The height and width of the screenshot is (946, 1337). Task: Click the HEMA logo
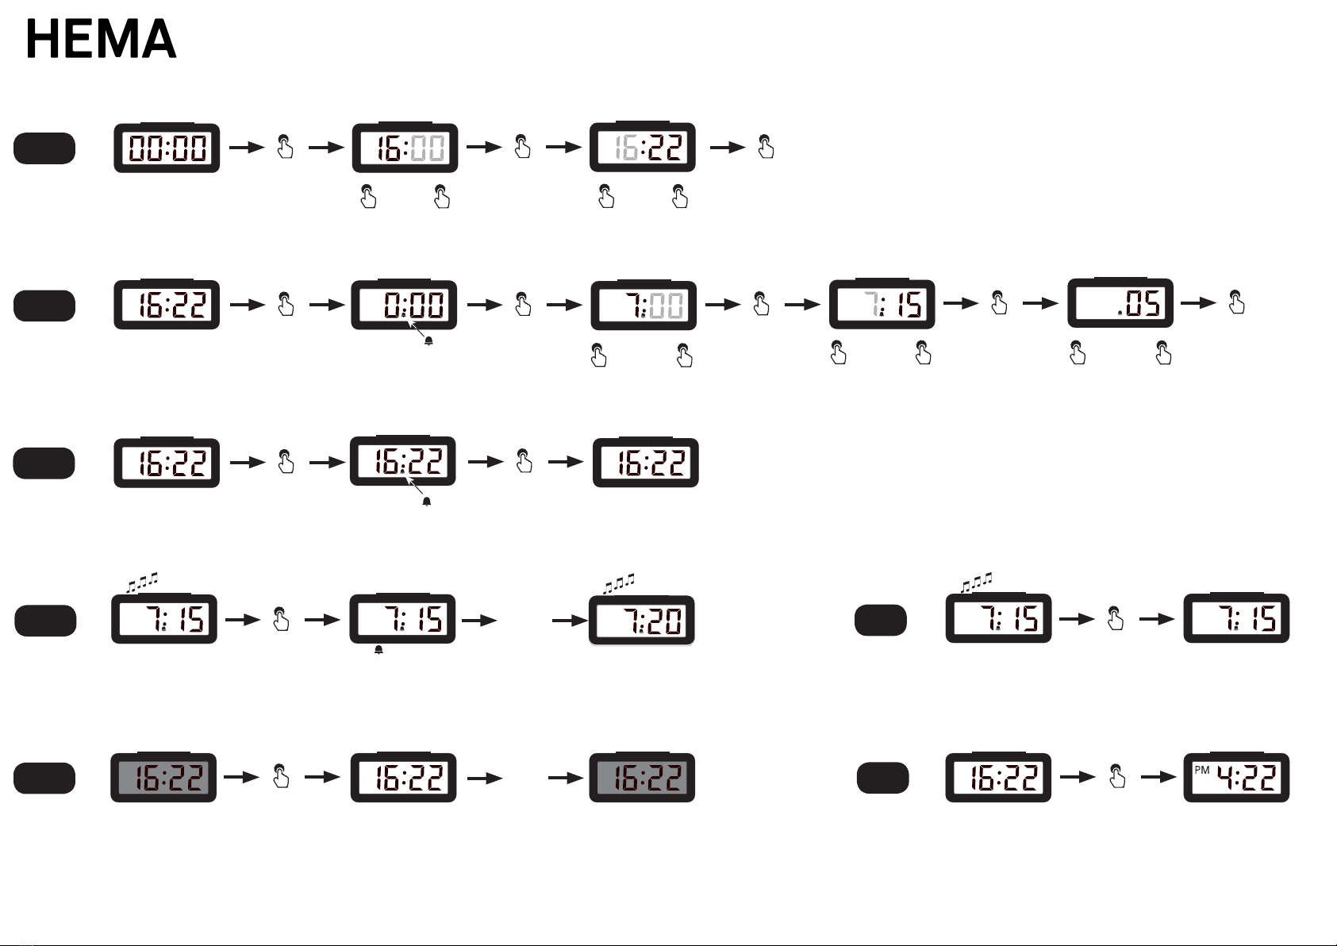coord(101,40)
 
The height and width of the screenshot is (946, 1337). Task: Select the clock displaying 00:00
coord(167,148)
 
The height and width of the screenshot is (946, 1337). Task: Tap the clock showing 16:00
coord(405,148)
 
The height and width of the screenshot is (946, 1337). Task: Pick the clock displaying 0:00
coord(404,305)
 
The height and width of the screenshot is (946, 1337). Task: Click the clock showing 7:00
coord(644,305)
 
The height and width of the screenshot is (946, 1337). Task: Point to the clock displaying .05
coord(1120,303)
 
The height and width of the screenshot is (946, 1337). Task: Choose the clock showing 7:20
coord(641,621)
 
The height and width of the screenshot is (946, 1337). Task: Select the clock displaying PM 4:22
coord(1236,778)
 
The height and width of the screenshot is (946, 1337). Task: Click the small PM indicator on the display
coord(1201,770)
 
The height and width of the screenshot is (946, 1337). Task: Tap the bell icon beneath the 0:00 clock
coord(428,340)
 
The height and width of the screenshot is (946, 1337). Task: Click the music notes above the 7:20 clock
coord(619,583)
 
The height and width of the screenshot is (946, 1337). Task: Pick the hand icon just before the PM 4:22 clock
coord(1117,776)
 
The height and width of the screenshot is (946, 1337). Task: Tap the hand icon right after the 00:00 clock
coord(285,147)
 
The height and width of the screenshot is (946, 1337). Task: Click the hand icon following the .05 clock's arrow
coord(1236,302)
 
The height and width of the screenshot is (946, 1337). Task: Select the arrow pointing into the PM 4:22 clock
coord(1158,778)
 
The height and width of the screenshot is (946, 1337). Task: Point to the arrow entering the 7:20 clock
coord(569,621)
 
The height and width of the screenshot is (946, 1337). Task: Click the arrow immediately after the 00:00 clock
coord(246,148)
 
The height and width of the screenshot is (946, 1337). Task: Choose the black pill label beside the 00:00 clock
coord(44,148)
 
